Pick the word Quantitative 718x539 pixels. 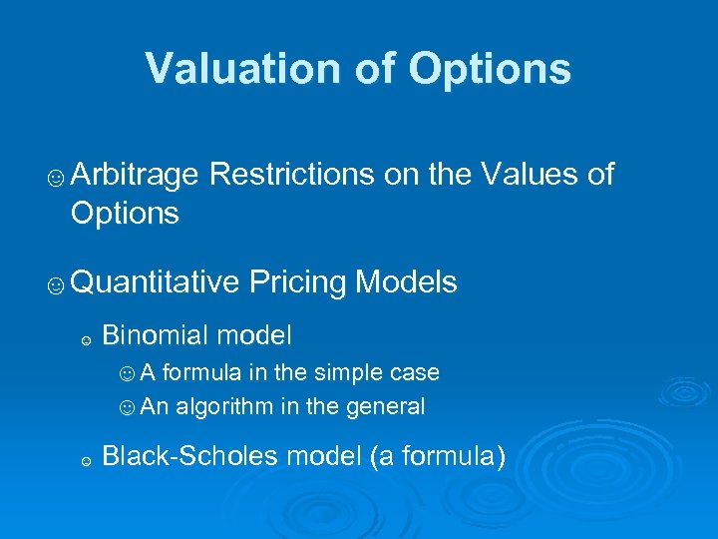(156, 282)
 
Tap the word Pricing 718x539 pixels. (297, 282)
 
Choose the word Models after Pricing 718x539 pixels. (406, 282)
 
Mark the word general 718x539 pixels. (387, 406)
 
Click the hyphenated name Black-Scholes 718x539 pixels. (191, 457)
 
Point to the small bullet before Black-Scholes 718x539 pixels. (87, 461)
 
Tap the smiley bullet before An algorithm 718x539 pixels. (127, 407)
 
